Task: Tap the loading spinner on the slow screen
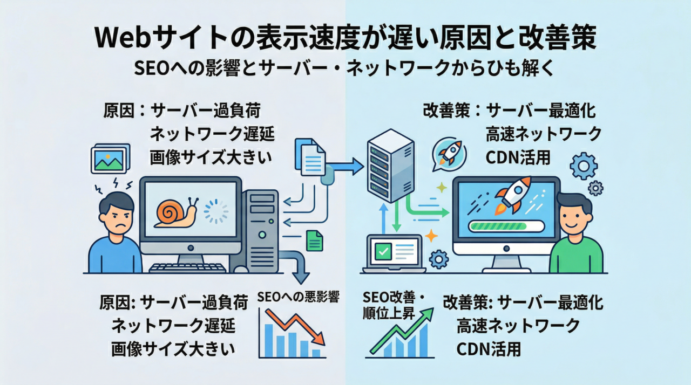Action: [216, 211]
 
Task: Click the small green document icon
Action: [314, 240]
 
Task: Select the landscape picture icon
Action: [110, 159]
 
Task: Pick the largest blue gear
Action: [583, 166]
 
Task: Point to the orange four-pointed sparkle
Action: [431, 236]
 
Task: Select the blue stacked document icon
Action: [310, 157]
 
